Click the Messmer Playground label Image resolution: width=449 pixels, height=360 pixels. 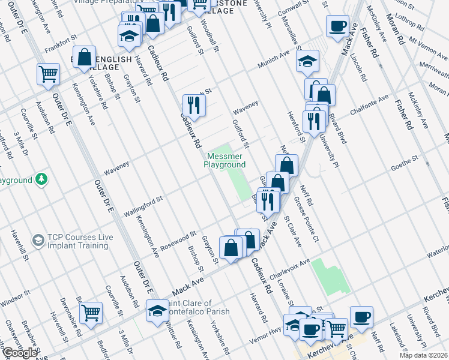(224, 160)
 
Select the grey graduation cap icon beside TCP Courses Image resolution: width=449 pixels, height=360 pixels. (38, 241)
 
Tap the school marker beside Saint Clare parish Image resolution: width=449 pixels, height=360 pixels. (158, 311)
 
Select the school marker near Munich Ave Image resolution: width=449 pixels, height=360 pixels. (307, 61)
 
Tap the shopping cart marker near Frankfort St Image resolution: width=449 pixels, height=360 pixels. (48, 74)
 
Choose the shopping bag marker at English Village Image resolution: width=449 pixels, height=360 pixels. (85, 57)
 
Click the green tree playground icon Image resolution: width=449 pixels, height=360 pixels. (41, 179)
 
